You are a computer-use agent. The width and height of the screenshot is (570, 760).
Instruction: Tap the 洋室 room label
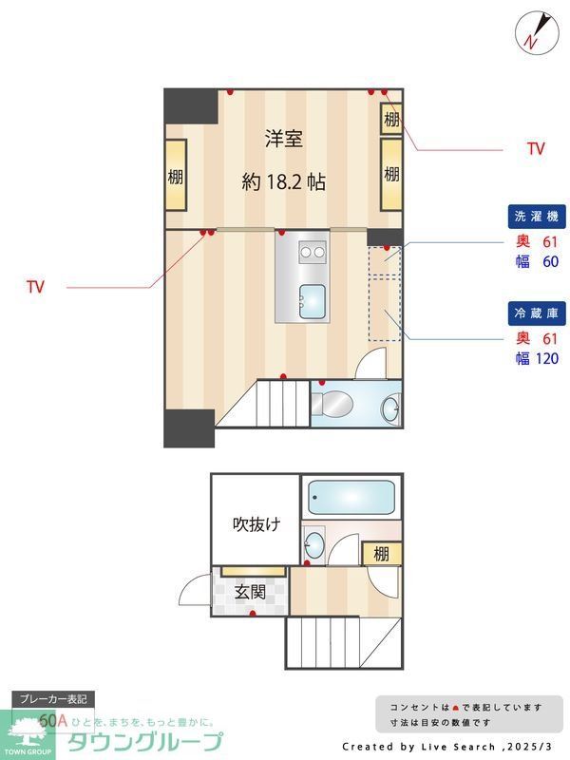coord(283,139)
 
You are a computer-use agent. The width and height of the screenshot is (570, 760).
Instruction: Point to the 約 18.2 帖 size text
coord(283,182)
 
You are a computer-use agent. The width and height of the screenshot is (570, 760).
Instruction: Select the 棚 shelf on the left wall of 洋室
coord(176,176)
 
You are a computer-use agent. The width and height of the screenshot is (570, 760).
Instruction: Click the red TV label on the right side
coord(536,149)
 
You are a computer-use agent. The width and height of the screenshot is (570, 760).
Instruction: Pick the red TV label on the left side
coord(36,286)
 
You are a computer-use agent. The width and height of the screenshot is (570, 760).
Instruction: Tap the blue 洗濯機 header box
coord(535,216)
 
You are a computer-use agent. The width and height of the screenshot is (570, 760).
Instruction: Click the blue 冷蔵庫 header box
coord(535,313)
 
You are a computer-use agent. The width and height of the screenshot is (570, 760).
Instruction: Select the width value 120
coord(547,358)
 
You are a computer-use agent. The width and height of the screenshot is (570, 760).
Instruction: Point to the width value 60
coord(549,261)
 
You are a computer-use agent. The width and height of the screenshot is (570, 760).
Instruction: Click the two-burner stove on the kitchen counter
coord(312,252)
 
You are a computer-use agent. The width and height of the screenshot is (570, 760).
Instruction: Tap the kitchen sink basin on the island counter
coord(312,300)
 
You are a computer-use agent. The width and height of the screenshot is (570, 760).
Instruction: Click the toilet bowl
coord(332,404)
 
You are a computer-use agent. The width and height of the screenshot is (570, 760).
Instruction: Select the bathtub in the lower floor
coord(351,497)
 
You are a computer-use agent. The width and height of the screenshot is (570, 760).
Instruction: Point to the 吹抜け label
coord(256,523)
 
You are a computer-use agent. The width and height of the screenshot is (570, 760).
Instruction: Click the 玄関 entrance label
coord(250,592)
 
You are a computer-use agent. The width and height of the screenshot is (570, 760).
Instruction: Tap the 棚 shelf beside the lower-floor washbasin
coord(381,554)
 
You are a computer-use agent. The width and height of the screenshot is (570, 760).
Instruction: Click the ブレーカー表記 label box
coord(53,699)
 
